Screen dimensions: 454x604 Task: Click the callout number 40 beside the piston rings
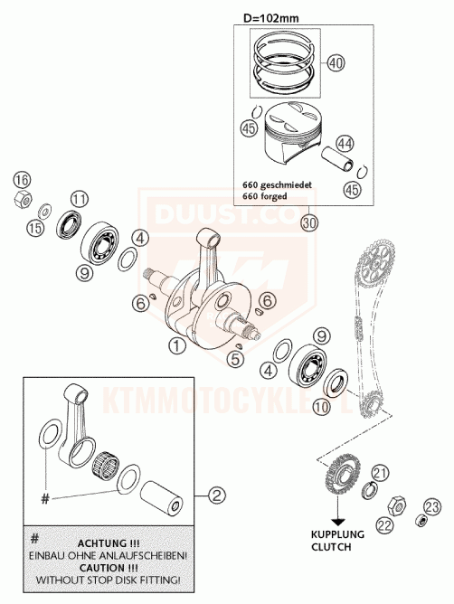tap(336, 62)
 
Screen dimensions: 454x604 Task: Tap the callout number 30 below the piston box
tap(309, 223)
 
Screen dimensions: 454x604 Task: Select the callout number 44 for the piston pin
tap(345, 144)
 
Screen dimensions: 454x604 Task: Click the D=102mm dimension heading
tap(270, 18)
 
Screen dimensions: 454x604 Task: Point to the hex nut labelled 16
tap(23, 199)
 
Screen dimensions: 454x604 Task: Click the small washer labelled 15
tap(44, 211)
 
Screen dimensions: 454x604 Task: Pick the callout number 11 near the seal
tap(80, 199)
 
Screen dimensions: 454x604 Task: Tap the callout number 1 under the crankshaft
tap(176, 346)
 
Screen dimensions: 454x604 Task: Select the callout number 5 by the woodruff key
tap(235, 359)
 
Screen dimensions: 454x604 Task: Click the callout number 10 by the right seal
tap(321, 407)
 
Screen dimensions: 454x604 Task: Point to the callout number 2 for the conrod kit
tap(216, 495)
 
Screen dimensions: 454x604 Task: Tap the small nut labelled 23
tap(421, 521)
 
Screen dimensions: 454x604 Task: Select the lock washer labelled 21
tap(370, 490)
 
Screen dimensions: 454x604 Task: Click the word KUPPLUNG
tap(337, 534)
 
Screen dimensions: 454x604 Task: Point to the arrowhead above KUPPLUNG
tap(338, 522)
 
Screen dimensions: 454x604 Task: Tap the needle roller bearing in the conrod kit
tap(105, 463)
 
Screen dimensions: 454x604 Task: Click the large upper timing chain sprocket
tap(374, 263)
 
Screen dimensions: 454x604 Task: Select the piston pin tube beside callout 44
tap(338, 160)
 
